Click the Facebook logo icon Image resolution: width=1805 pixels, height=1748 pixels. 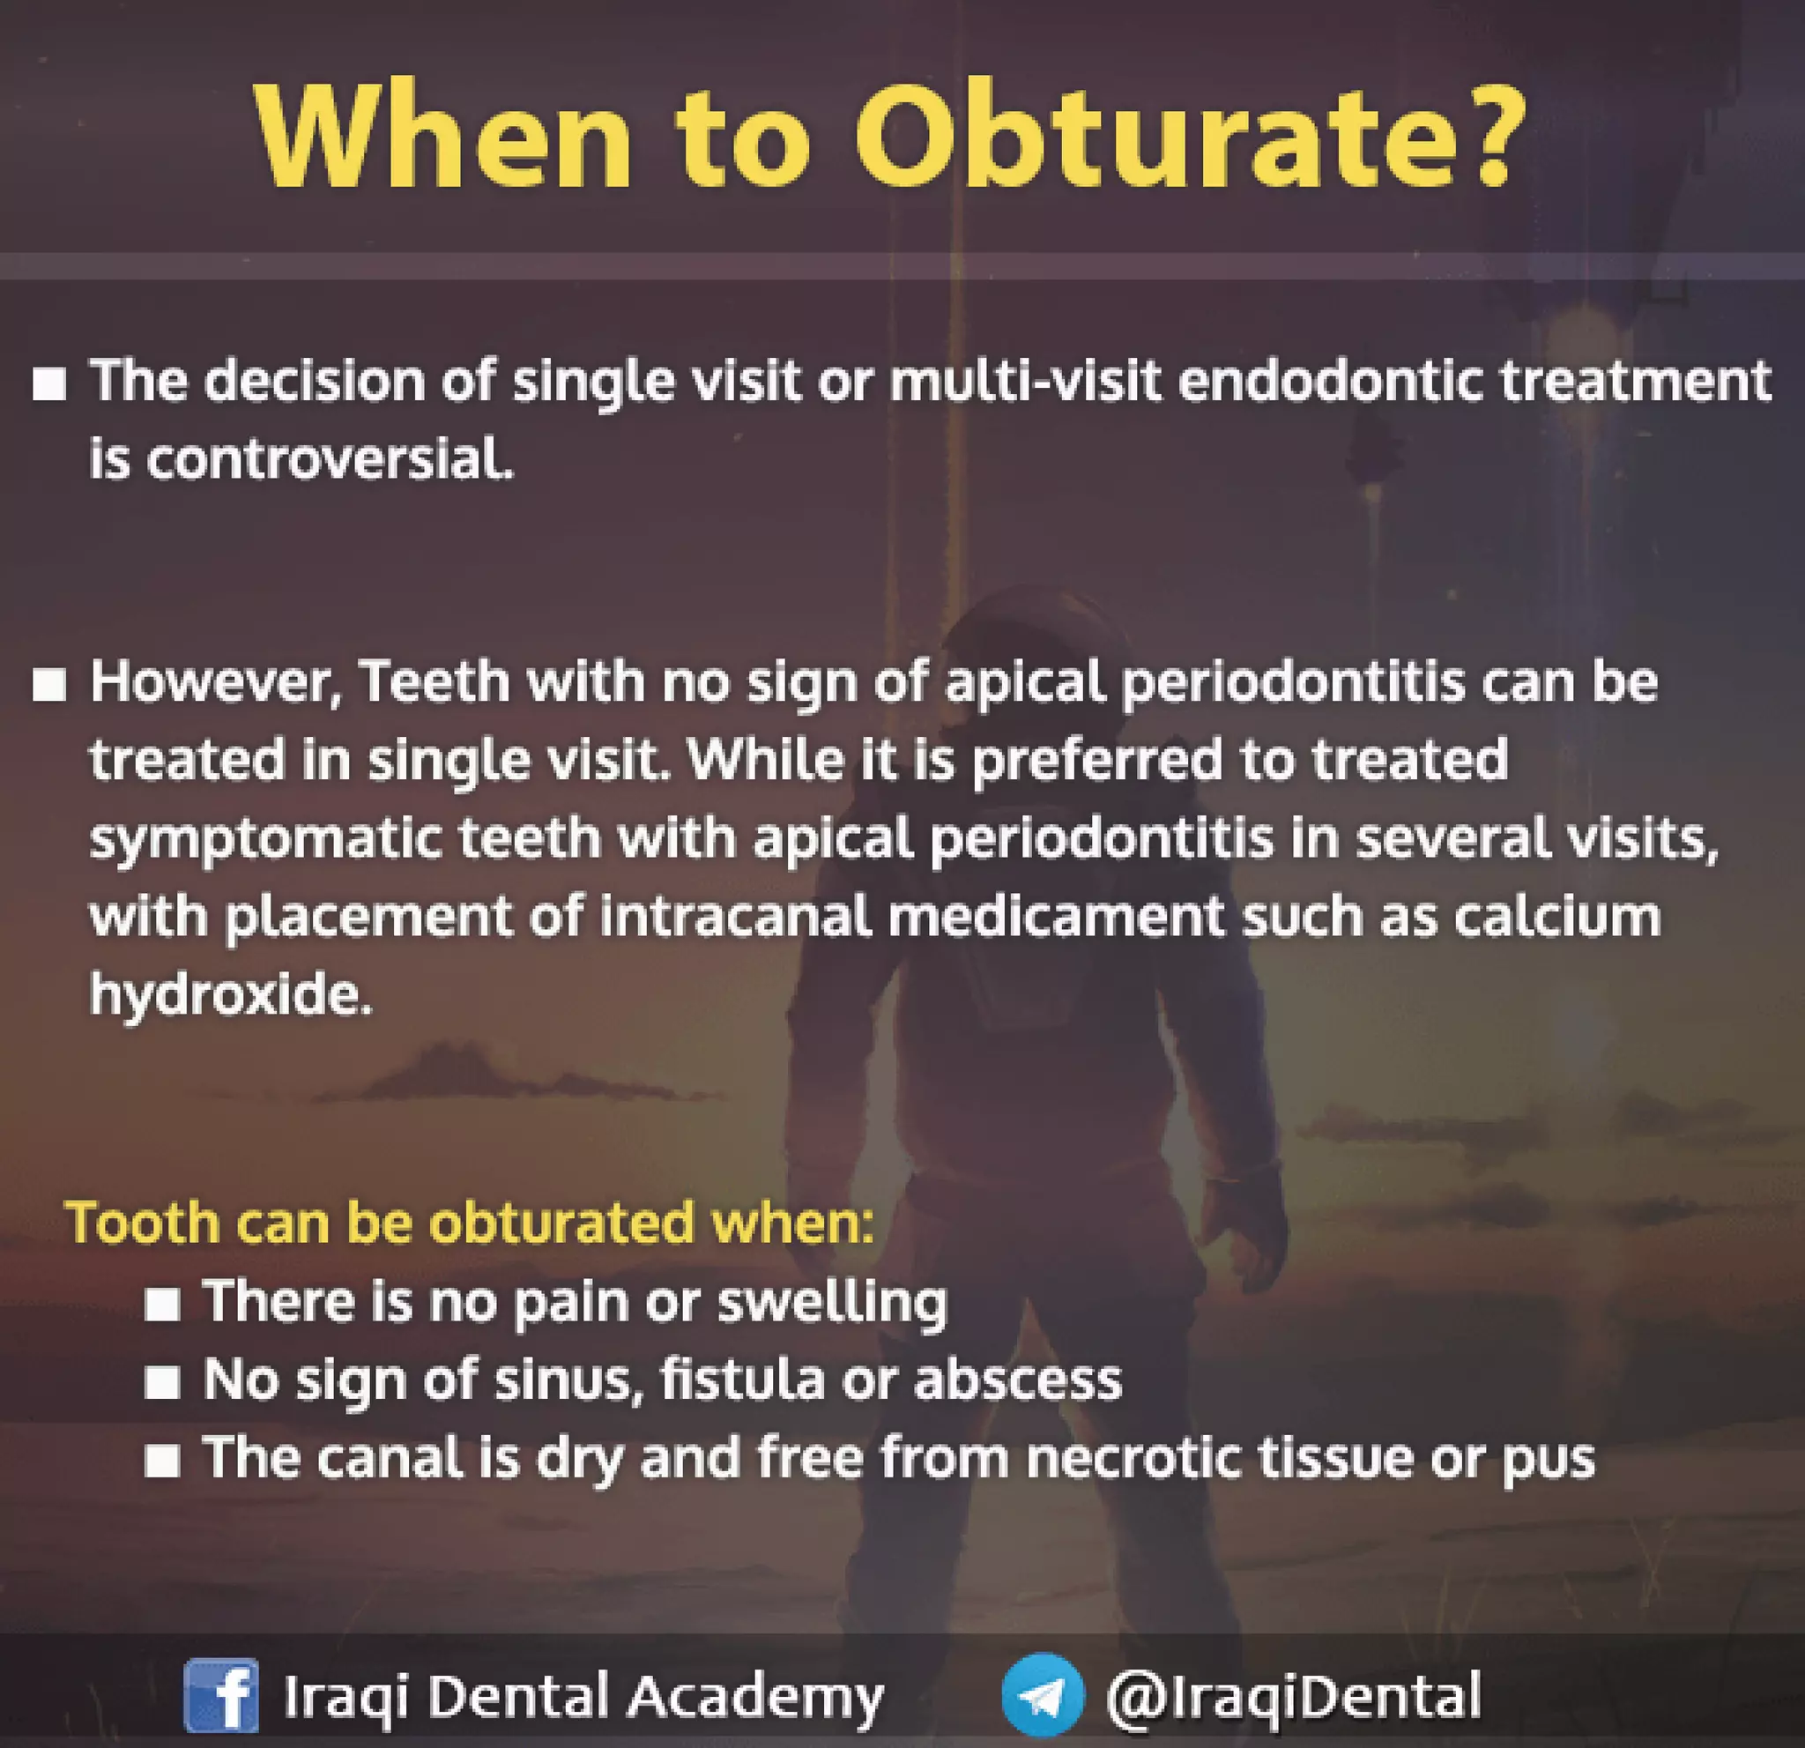pyautogui.click(x=221, y=1694)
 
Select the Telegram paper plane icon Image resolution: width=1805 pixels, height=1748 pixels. pyautogui.click(x=1043, y=1694)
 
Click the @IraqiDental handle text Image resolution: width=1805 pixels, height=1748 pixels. pyautogui.click(x=1293, y=1694)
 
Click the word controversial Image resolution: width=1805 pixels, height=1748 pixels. pyautogui.click(x=329, y=458)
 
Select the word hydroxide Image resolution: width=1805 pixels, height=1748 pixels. pyautogui.click(x=230, y=994)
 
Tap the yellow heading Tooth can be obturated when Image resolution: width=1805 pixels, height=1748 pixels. pyautogui.click(x=470, y=1223)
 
